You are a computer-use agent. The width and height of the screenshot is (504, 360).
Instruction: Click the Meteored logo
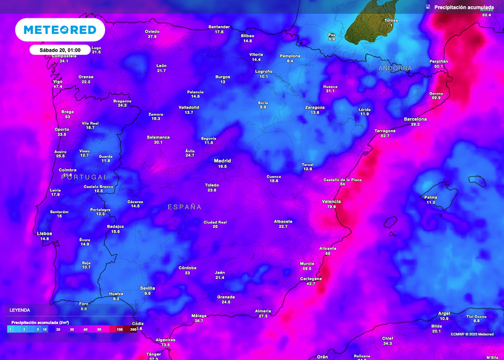click(60, 30)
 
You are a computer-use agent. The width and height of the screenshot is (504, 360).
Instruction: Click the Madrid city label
click(222, 161)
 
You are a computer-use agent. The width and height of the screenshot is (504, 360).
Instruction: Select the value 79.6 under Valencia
click(331, 207)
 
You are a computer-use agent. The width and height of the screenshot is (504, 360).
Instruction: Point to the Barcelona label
click(415, 119)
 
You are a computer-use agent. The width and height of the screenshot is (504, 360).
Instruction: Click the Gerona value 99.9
click(436, 98)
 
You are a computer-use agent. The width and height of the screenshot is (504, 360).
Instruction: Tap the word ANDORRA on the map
click(395, 68)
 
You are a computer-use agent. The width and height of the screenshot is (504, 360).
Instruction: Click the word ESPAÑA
click(185, 207)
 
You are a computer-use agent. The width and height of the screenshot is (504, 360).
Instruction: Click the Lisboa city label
click(44, 234)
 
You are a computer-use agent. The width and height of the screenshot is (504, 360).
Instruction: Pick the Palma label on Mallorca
click(430, 197)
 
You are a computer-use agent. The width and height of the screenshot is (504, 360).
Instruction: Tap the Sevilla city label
click(147, 288)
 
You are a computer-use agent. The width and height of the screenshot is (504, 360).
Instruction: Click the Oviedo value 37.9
click(152, 37)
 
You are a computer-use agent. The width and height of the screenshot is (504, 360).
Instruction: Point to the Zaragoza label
click(315, 107)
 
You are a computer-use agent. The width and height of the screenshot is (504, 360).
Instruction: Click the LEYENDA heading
click(20, 310)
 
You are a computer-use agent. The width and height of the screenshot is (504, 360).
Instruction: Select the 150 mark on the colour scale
click(120, 330)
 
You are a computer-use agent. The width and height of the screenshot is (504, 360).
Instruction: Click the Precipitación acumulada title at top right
click(464, 7)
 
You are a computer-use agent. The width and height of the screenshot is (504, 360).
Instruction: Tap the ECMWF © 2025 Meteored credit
click(472, 334)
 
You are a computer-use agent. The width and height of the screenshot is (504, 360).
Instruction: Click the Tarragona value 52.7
click(385, 136)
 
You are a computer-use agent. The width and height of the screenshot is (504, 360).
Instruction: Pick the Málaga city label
click(199, 316)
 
